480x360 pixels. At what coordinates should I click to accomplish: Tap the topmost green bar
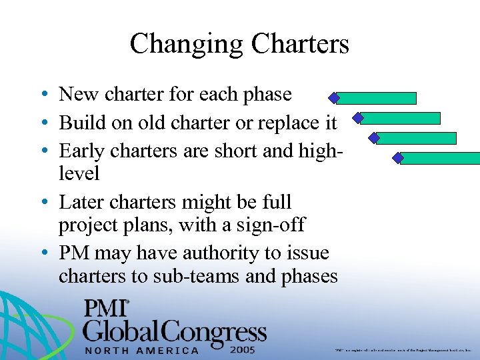pos(377,98)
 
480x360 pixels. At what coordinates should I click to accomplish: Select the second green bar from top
pos(401,118)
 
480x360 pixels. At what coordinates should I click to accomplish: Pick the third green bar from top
pos(417,138)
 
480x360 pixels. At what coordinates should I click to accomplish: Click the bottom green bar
pos(440,158)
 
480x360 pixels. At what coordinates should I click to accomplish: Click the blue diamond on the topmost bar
pos(334,98)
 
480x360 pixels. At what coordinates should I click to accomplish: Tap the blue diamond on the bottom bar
pos(399,158)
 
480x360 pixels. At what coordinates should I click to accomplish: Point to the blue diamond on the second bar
pos(358,118)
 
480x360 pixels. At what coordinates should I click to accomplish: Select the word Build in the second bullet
pos(79,123)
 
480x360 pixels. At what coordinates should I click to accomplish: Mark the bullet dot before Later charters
pos(43,202)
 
